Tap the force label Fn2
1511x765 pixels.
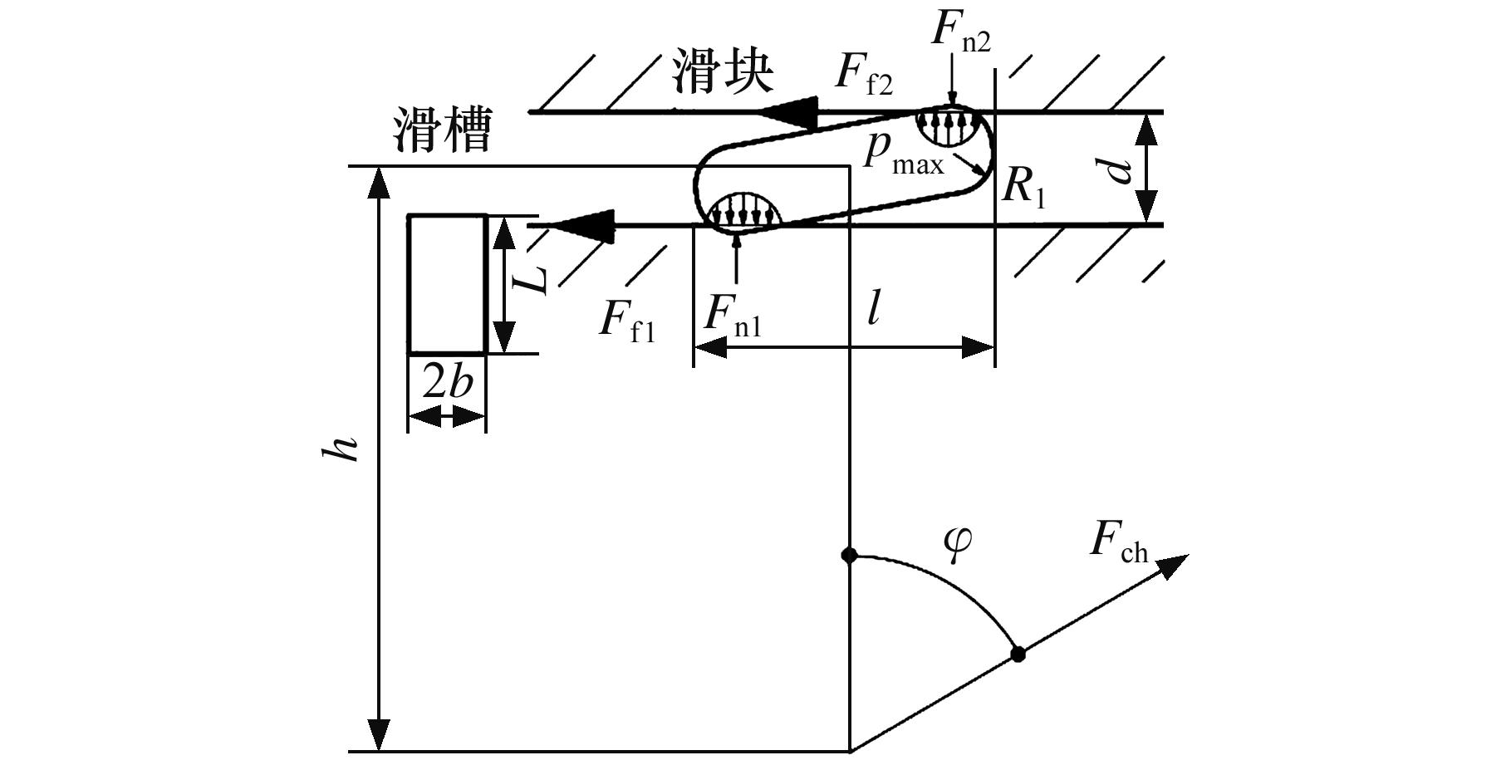[x=960, y=32]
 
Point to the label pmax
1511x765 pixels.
[x=902, y=154]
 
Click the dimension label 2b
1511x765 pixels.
[x=447, y=383]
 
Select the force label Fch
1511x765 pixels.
[x=1118, y=543]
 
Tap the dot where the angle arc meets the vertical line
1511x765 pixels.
[x=849, y=555]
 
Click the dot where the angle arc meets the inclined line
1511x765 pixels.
[x=1018, y=654]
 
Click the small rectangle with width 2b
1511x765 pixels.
[x=447, y=284]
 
